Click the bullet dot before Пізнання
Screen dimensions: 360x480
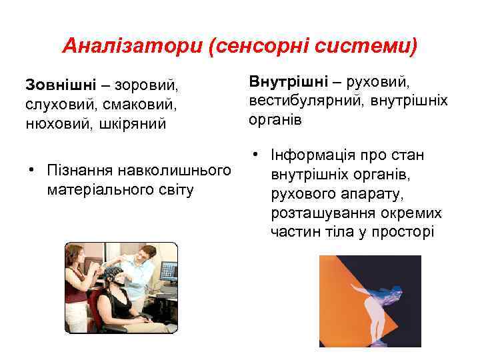(x=31, y=171)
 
